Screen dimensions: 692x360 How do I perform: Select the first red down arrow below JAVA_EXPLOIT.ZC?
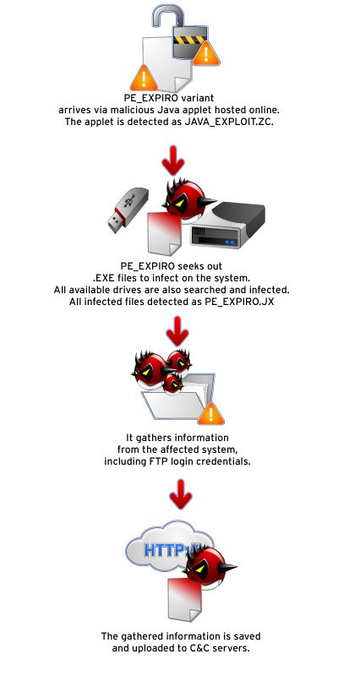(174, 157)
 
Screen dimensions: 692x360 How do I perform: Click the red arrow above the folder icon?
(176, 331)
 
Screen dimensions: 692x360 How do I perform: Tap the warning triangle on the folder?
(215, 413)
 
